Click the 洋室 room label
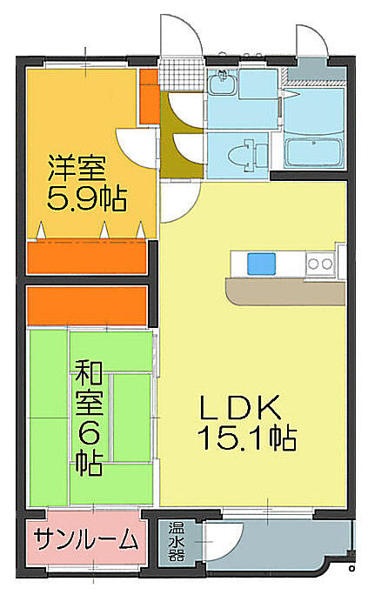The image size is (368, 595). [x=77, y=168]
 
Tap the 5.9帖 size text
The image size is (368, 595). [x=86, y=198]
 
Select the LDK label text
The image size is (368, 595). [x=239, y=407]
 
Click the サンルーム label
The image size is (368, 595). [x=86, y=538]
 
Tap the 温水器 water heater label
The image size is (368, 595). [x=177, y=541]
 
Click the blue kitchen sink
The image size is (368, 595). [x=261, y=264]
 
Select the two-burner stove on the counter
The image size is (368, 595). [x=320, y=264]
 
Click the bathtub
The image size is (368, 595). [x=313, y=152]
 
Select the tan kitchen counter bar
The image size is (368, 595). [x=285, y=291]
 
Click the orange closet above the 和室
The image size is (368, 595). [x=87, y=306]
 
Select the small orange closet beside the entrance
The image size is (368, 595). [x=149, y=97]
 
